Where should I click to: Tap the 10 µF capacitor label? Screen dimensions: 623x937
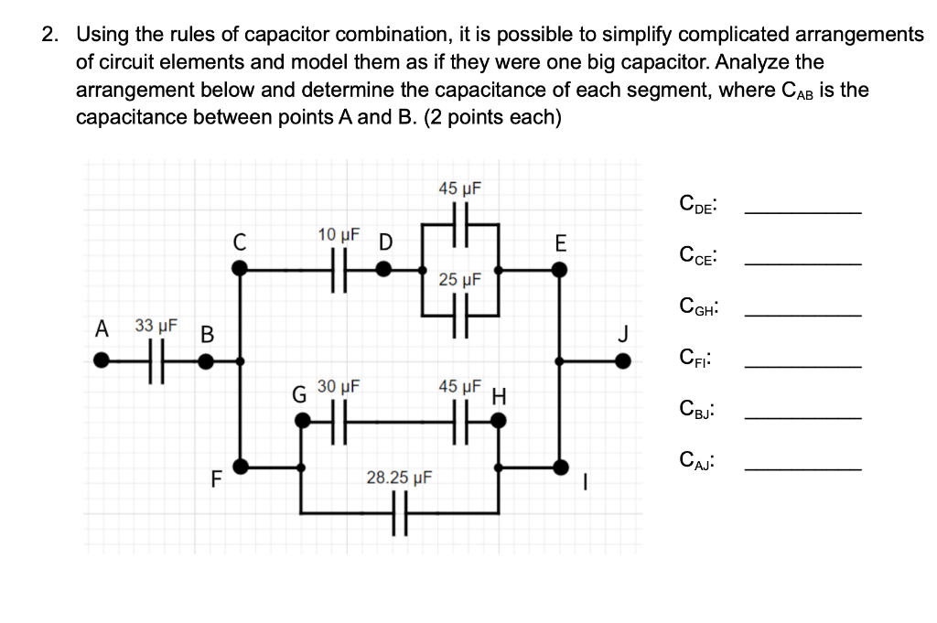(339, 235)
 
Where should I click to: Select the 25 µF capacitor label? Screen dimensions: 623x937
(459, 279)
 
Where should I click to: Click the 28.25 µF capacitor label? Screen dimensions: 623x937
(399, 477)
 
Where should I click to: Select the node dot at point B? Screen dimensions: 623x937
(208, 361)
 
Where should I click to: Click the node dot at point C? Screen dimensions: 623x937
(240, 269)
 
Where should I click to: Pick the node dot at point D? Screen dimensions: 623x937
(385, 269)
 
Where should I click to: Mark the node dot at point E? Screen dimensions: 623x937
(559, 269)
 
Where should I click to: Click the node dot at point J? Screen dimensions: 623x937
(622, 361)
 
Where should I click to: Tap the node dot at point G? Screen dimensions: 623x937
(301, 421)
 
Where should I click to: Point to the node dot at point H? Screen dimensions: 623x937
(499, 421)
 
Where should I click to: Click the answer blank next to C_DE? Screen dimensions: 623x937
(802, 212)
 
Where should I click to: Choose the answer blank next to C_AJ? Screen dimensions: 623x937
(802, 469)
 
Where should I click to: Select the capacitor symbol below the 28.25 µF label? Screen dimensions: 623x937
(399, 512)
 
